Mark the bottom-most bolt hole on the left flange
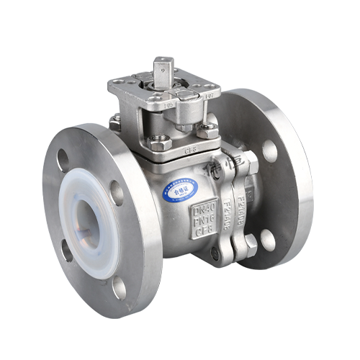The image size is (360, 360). (119, 288)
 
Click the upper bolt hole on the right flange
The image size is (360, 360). (269, 151)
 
